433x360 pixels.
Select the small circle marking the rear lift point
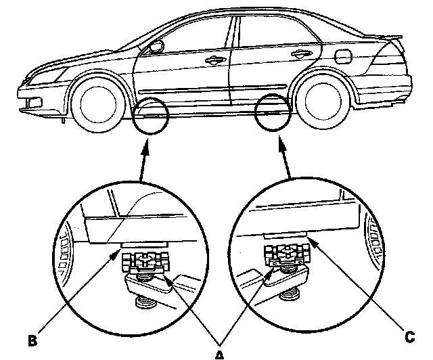[x=274, y=112]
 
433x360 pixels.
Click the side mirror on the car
[x=156, y=47]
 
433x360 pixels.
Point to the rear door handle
[x=298, y=54]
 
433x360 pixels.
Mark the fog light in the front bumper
[x=30, y=103]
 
